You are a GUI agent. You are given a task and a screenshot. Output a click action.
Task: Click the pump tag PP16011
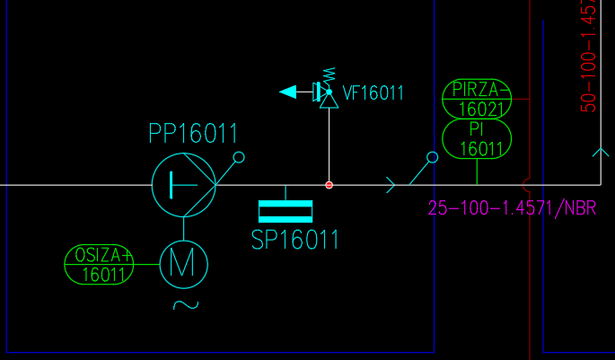pyautogui.click(x=193, y=135)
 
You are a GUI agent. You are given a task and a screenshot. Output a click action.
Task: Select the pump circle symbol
pyautogui.click(x=183, y=185)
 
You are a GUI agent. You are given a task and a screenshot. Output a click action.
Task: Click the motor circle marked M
pyautogui.click(x=183, y=263)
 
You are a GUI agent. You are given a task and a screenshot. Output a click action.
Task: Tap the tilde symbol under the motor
pyautogui.click(x=185, y=304)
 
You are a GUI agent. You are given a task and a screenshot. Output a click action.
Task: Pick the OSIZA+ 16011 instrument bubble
pyautogui.click(x=99, y=266)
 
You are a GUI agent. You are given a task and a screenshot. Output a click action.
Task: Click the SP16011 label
pyautogui.click(x=295, y=241)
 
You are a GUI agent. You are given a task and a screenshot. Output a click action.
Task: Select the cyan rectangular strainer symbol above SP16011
pyautogui.click(x=286, y=211)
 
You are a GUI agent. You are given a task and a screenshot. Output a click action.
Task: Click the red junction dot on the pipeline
pyautogui.click(x=329, y=185)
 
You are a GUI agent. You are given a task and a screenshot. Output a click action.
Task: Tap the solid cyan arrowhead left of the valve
pyautogui.click(x=289, y=92)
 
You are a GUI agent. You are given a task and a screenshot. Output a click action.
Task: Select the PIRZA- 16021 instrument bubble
pyautogui.click(x=477, y=99)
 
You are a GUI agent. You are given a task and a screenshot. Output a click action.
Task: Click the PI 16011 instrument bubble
pyautogui.click(x=477, y=140)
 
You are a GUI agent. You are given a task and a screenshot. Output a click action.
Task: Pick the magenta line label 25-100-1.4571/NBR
pyautogui.click(x=513, y=209)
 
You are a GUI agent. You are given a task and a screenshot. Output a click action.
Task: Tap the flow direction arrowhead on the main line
pyautogui.click(x=391, y=185)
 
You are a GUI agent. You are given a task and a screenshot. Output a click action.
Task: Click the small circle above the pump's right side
pyautogui.click(x=239, y=158)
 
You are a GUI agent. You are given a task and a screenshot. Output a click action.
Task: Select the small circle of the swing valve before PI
pyautogui.click(x=432, y=157)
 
